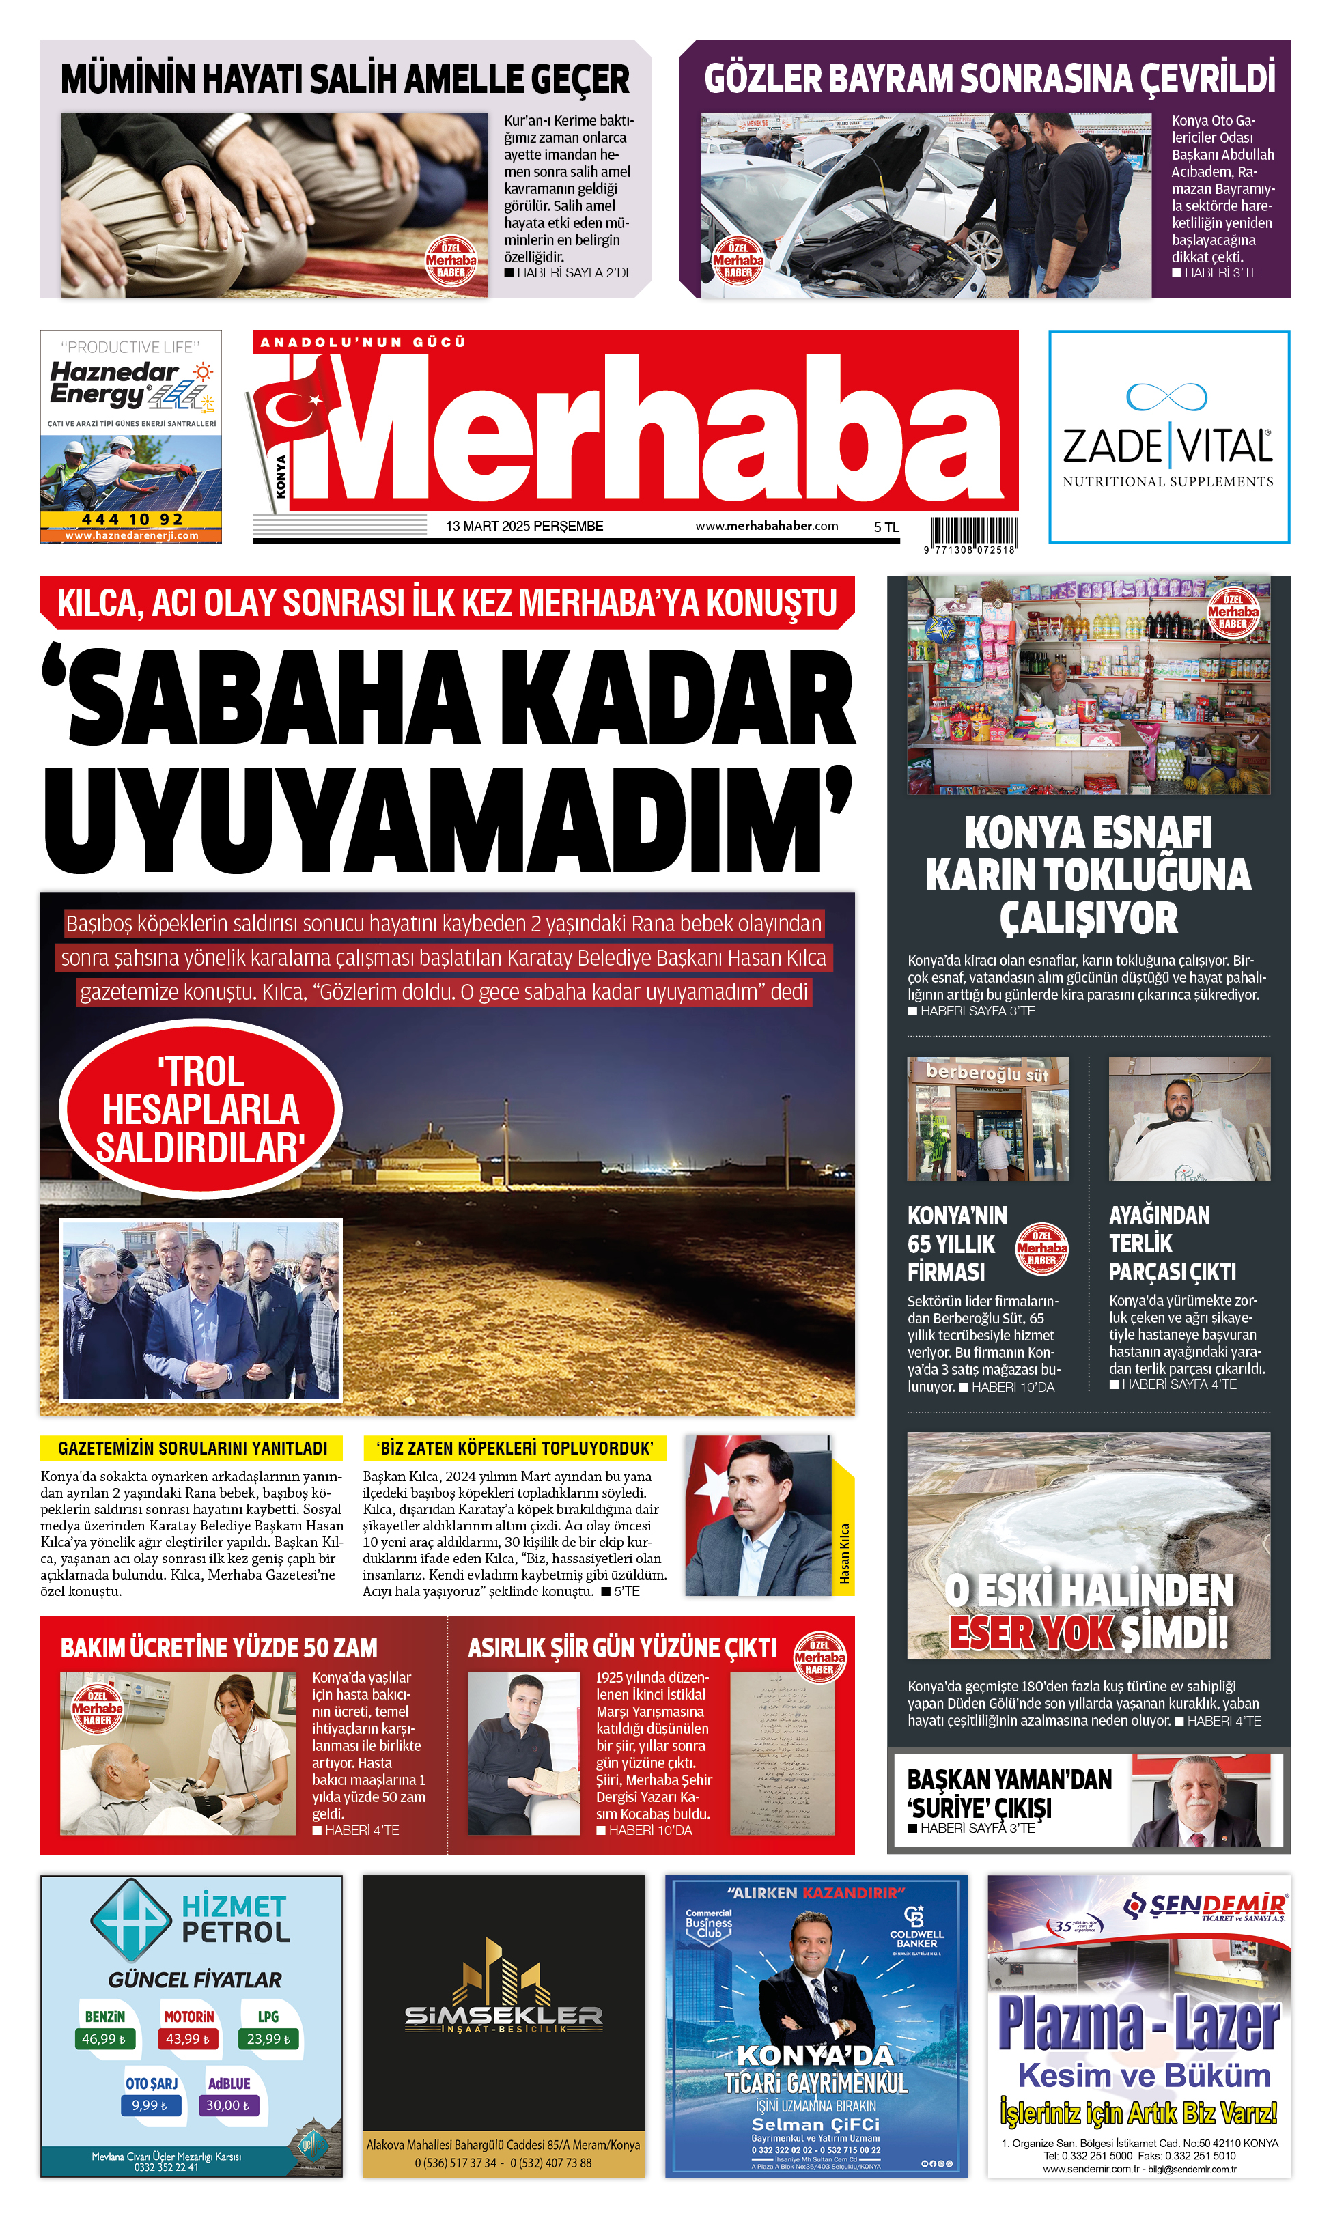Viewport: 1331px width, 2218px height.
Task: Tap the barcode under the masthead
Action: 973,531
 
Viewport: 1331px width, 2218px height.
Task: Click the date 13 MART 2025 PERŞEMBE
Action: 524,527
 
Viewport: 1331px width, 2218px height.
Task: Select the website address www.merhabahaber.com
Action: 767,527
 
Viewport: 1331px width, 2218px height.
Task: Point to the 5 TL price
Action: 886,527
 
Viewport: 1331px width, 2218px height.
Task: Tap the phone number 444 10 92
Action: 132,519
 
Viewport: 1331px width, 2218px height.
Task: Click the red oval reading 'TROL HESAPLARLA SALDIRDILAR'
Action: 201,1110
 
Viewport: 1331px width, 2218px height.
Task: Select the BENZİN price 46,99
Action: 103,2064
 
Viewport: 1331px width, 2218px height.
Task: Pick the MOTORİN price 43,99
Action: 187,2064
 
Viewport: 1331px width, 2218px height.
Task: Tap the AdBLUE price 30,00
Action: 228,2130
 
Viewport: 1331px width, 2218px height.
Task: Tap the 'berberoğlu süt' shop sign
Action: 987,1073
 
